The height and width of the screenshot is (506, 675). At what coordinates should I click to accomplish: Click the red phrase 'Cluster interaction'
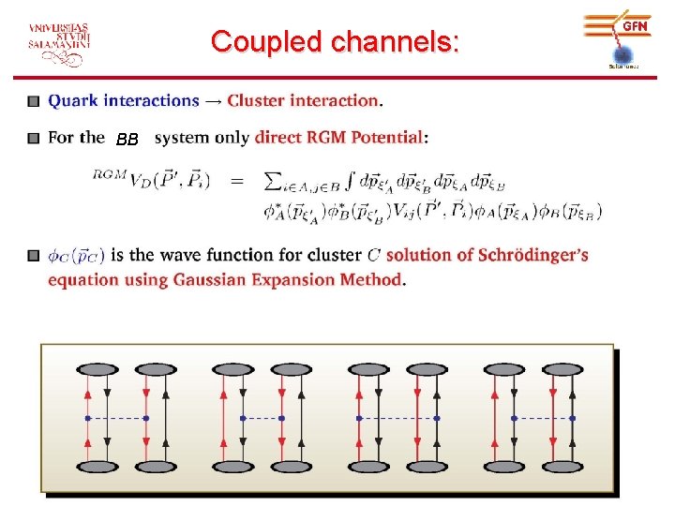click(x=304, y=100)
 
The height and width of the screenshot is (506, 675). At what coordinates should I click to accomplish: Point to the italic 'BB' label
click(x=127, y=141)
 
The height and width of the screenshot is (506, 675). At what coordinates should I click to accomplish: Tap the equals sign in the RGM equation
click(x=237, y=179)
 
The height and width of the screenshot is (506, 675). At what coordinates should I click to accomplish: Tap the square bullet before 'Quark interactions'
click(x=33, y=100)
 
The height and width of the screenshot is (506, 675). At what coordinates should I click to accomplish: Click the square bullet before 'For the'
click(x=33, y=138)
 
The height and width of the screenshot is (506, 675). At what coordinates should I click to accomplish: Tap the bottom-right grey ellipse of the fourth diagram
click(x=573, y=466)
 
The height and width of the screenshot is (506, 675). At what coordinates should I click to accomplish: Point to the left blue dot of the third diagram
click(x=358, y=417)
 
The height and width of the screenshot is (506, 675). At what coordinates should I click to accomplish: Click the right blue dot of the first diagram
click(x=146, y=417)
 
